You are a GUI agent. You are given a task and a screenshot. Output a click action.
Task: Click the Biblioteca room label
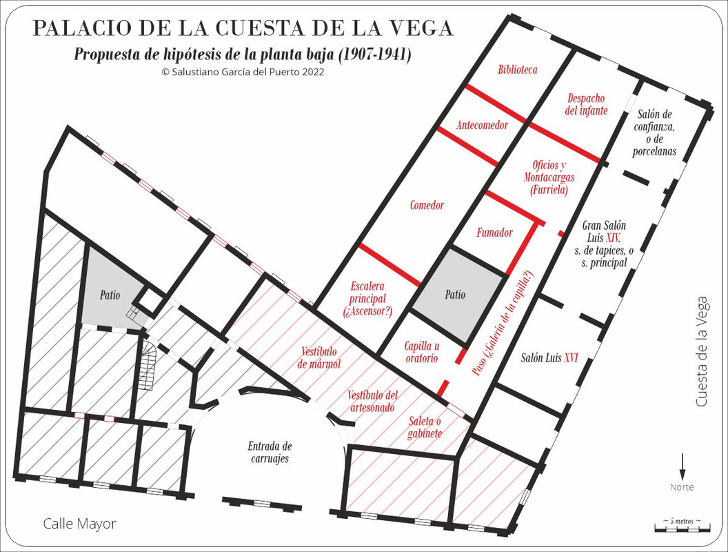coord(517,70)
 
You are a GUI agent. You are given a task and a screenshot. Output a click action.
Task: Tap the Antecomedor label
coord(482,125)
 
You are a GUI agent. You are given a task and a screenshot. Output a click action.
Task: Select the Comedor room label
coord(427,205)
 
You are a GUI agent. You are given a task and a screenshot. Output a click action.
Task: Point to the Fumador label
coord(494,233)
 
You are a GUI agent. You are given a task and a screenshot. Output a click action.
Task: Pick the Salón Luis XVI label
coord(549,358)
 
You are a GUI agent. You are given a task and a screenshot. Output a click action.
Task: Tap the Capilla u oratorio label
coord(421,353)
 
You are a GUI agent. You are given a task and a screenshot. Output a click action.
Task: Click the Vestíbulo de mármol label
coord(320,357)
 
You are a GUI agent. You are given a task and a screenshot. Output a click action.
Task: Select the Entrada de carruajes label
coord(270,453)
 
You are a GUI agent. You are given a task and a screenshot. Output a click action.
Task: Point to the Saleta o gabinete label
coord(425,427)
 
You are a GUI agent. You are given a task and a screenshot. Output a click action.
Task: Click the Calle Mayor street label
coord(79,524)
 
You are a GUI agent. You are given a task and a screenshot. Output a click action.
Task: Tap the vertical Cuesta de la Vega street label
coord(702,351)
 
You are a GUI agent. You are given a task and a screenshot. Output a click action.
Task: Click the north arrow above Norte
coord(682,466)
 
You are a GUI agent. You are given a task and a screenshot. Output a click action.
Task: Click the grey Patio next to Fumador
coord(454,295)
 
